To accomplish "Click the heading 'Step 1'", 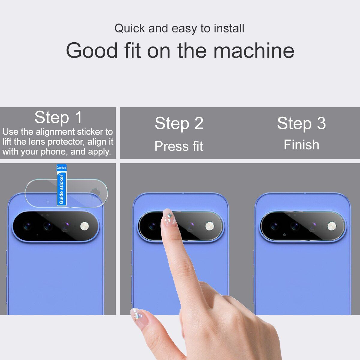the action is click(x=58, y=117).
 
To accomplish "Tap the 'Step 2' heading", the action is click(x=179, y=123).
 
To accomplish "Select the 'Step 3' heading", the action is click(x=301, y=123).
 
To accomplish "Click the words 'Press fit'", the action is click(x=179, y=146).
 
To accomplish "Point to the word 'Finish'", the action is click(x=301, y=145).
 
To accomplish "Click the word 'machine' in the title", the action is click(x=254, y=51).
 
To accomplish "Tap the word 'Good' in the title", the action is click(x=92, y=51).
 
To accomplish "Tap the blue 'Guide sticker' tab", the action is click(x=61, y=185).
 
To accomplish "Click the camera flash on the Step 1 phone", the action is click(x=85, y=226).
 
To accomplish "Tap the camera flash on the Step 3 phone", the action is click(x=331, y=226).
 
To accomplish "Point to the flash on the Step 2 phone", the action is click(x=210, y=226).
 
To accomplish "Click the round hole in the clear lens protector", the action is click(x=95, y=192).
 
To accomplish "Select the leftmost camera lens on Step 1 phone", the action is click(x=27, y=226).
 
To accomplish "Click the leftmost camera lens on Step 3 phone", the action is click(x=274, y=226).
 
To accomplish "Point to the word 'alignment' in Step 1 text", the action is click(x=55, y=132).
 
